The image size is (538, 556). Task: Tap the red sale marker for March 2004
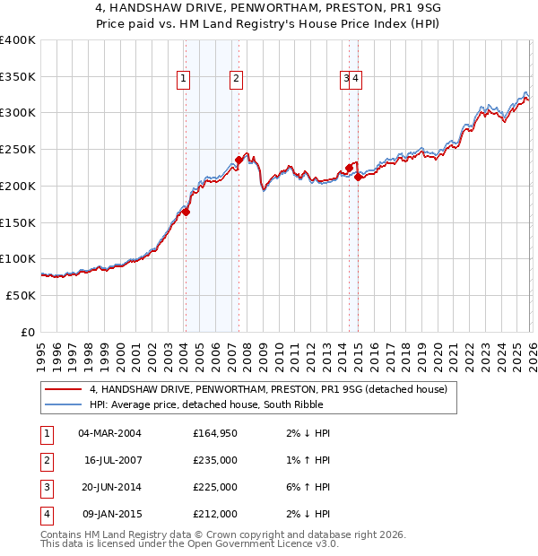(x=187, y=212)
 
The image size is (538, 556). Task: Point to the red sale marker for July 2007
(x=239, y=161)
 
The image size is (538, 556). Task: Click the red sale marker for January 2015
(x=358, y=178)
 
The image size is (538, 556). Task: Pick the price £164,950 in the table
(x=215, y=433)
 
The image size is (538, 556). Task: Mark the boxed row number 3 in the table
(x=46, y=487)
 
